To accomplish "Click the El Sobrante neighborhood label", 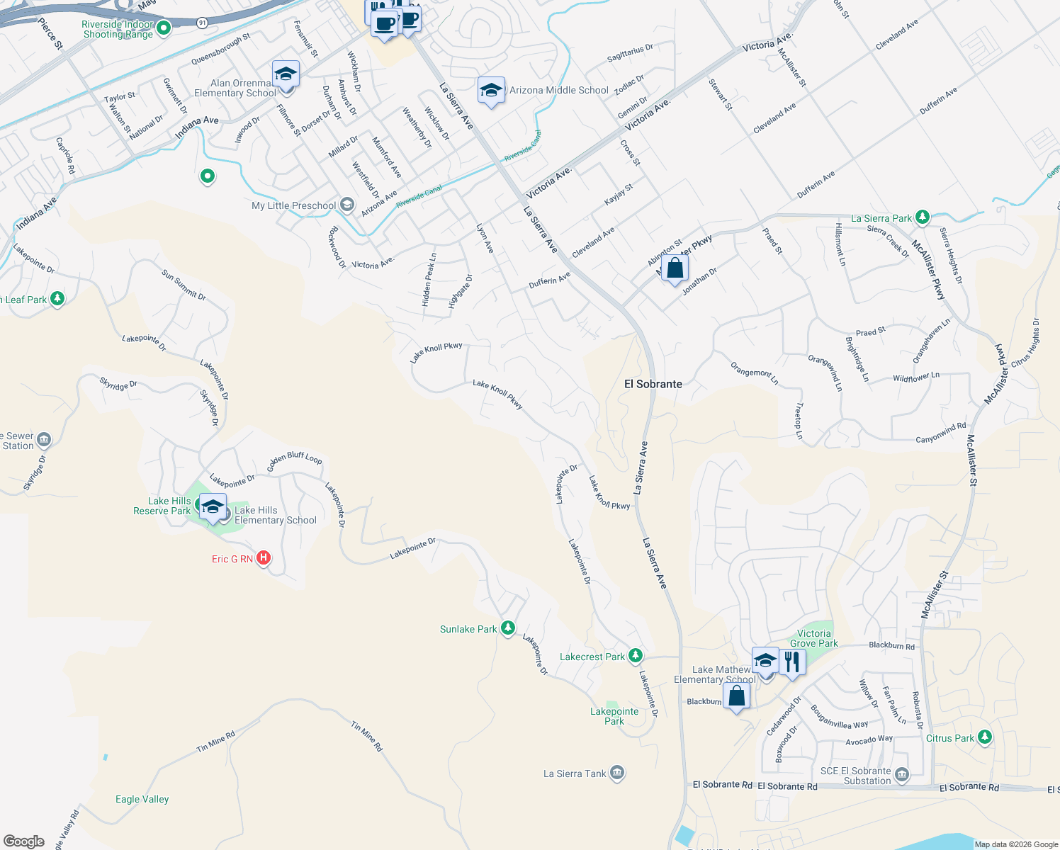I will pyautogui.click(x=653, y=384).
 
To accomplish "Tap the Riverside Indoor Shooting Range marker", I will pyautogui.click(x=164, y=28).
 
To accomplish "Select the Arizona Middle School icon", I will pyautogui.click(x=491, y=90).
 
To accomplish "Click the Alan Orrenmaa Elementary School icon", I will pyautogui.click(x=286, y=74).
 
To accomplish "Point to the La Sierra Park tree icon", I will pyautogui.click(x=922, y=217).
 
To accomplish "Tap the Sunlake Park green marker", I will pyautogui.click(x=507, y=628).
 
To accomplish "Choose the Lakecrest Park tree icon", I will pyautogui.click(x=636, y=656).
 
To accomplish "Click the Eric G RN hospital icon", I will pyautogui.click(x=264, y=558).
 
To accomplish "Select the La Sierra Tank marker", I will pyautogui.click(x=617, y=773).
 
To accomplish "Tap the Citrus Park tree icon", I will pyautogui.click(x=984, y=737).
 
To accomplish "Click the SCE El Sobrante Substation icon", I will pyautogui.click(x=901, y=775).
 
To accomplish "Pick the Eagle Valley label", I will pyautogui.click(x=142, y=799).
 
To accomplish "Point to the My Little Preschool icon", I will pyautogui.click(x=346, y=205).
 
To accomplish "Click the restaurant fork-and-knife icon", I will pyautogui.click(x=792, y=662).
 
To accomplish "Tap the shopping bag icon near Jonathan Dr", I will pyautogui.click(x=675, y=268).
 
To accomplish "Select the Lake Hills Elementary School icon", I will pyautogui.click(x=212, y=507).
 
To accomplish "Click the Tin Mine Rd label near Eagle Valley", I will pyautogui.click(x=215, y=742).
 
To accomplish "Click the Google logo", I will pyautogui.click(x=24, y=841).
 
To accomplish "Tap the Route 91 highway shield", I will pyautogui.click(x=203, y=23).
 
